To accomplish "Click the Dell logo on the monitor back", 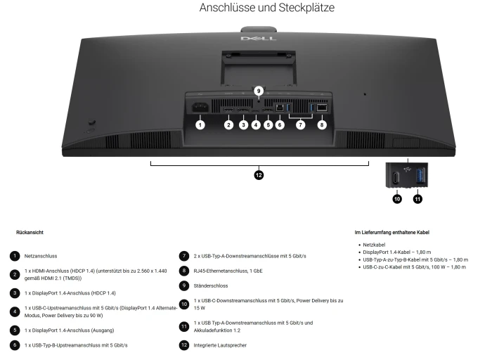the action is click(259, 39).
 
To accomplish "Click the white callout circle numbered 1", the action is click(200, 125).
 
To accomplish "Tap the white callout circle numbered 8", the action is click(322, 125).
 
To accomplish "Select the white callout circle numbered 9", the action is click(259, 91).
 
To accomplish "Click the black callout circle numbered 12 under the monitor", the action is click(259, 175).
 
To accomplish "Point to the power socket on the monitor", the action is click(200, 108).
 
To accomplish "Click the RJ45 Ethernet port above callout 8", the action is click(322, 108).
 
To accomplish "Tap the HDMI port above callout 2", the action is click(228, 110).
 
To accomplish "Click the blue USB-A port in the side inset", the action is click(420, 176).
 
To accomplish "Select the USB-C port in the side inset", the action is click(396, 178).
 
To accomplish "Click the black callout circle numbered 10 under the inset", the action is click(397, 199).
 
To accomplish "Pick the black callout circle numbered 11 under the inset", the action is click(417, 199).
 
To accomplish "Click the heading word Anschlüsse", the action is click(228, 8).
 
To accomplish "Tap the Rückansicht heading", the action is click(30, 233).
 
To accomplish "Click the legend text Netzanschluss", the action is click(41, 256).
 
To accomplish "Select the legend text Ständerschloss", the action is click(211, 286).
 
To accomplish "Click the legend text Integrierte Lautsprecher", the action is click(220, 345).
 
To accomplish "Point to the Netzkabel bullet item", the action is click(374, 245).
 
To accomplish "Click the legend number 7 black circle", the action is click(184, 256).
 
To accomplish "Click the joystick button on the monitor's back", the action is click(91, 122).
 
